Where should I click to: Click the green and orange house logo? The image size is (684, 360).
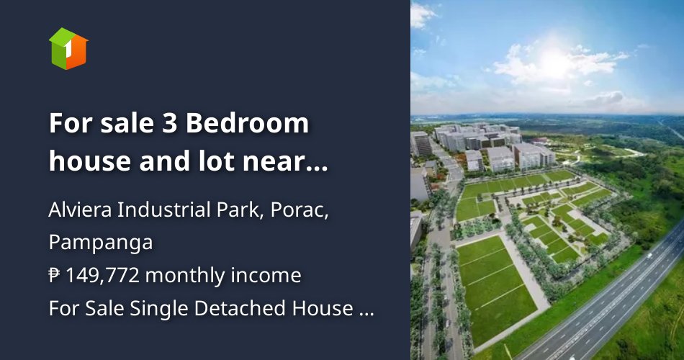point(68,48)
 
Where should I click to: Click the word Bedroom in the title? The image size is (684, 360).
point(248,124)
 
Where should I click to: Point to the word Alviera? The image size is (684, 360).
point(79,211)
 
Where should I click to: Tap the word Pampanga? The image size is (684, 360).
point(101,243)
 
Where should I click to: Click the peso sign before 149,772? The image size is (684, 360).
point(55,275)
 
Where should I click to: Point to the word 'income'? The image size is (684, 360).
point(270,275)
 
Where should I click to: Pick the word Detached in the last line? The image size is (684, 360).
point(234,308)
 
